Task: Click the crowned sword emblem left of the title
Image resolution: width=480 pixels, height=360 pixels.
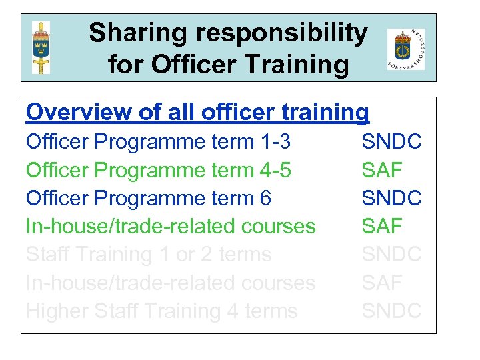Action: click(x=41, y=47)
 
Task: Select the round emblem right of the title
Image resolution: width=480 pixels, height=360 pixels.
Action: click(x=405, y=49)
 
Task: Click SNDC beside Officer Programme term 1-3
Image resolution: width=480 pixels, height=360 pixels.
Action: click(x=391, y=141)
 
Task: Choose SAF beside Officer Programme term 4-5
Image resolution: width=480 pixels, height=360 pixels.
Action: click(x=382, y=170)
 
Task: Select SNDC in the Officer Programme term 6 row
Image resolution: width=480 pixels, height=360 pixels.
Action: click(x=391, y=198)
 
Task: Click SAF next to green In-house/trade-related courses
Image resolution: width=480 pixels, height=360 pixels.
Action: click(x=382, y=226)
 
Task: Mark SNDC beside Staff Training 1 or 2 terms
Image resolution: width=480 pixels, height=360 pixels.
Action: click(x=391, y=254)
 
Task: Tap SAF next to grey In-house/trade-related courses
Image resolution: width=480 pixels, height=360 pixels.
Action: click(x=382, y=283)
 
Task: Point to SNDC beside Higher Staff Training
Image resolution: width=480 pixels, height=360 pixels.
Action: click(x=391, y=311)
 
